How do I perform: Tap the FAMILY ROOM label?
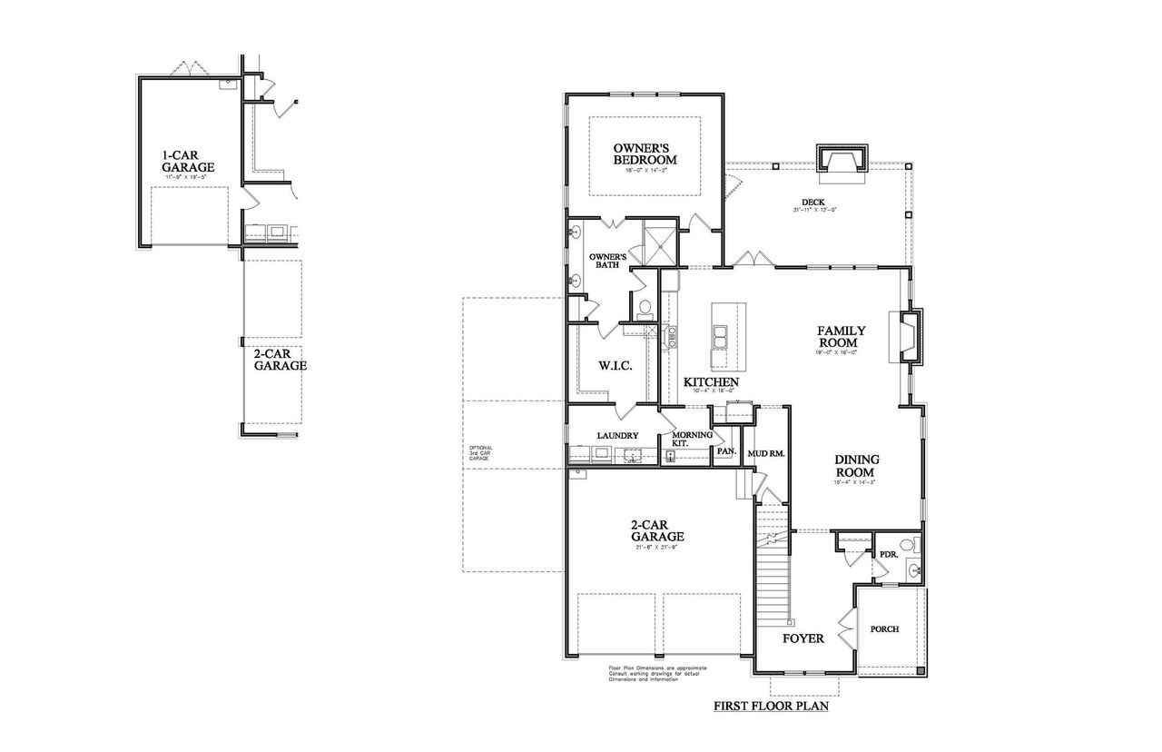(841, 337)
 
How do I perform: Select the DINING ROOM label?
(856, 466)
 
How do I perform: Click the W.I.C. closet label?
(615, 365)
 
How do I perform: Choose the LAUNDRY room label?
(617, 436)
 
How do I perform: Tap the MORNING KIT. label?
(692, 439)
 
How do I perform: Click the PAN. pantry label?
(725, 450)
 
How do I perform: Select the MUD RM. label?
(765, 452)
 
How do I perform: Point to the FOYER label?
(803, 638)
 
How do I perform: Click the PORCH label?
(884, 629)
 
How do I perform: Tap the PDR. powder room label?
(888, 554)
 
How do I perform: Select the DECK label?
(812, 203)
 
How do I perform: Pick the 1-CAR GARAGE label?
(188, 161)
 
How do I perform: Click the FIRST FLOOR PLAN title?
(771, 705)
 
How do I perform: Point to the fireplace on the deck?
(842, 160)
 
